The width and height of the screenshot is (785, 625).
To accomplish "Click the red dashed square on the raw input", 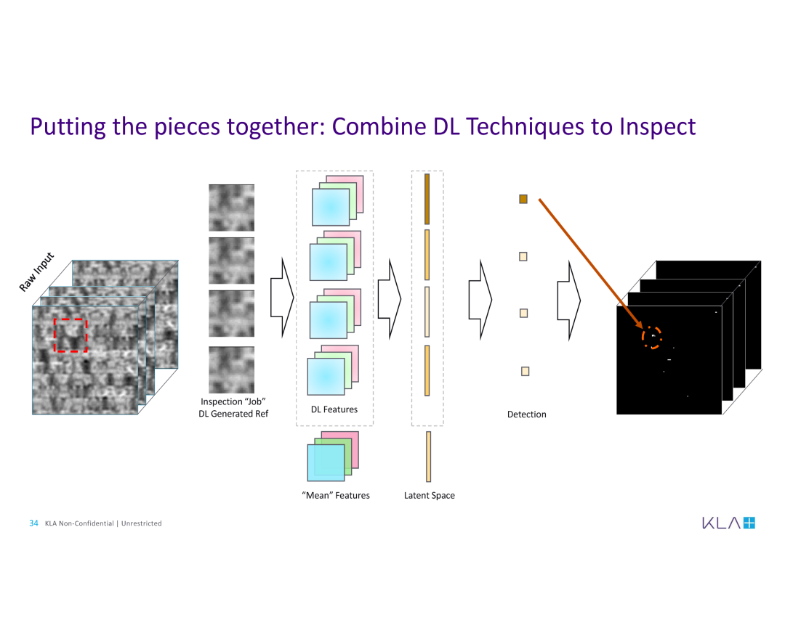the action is pyautogui.click(x=54, y=335).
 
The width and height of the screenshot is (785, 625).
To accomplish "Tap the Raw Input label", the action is pyautogui.click(x=36, y=272).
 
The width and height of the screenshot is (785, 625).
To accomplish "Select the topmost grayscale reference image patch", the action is pyautogui.click(x=231, y=208).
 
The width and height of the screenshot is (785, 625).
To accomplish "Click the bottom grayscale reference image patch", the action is pyautogui.click(x=231, y=369).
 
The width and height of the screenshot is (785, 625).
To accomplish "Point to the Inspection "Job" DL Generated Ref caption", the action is pyautogui.click(x=233, y=407).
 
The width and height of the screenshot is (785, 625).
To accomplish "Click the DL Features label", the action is pyautogui.click(x=334, y=409).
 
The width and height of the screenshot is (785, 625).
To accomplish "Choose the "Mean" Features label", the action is pyautogui.click(x=336, y=496).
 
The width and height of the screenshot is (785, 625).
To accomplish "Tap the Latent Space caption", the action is pyautogui.click(x=430, y=496).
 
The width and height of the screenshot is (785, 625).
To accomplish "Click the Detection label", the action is pyautogui.click(x=527, y=414).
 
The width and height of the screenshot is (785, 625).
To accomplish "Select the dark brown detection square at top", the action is pyautogui.click(x=523, y=199).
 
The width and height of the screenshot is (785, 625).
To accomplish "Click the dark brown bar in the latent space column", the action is pyautogui.click(x=427, y=199).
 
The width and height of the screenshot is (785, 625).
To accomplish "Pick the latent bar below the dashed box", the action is pyautogui.click(x=429, y=457).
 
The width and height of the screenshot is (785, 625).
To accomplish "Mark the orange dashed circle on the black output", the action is pyautogui.click(x=643, y=338).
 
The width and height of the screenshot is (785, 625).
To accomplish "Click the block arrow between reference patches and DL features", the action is pyautogui.click(x=282, y=298).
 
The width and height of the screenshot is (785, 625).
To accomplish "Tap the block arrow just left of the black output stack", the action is pyautogui.click(x=569, y=300).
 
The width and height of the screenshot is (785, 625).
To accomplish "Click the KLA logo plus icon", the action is pyautogui.click(x=749, y=523).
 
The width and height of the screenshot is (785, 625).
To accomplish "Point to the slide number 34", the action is pyautogui.click(x=33, y=523).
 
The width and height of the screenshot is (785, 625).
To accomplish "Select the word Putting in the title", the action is pyautogui.click(x=68, y=127).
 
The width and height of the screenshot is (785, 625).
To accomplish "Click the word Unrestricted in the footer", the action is pyautogui.click(x=142, y=523).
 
